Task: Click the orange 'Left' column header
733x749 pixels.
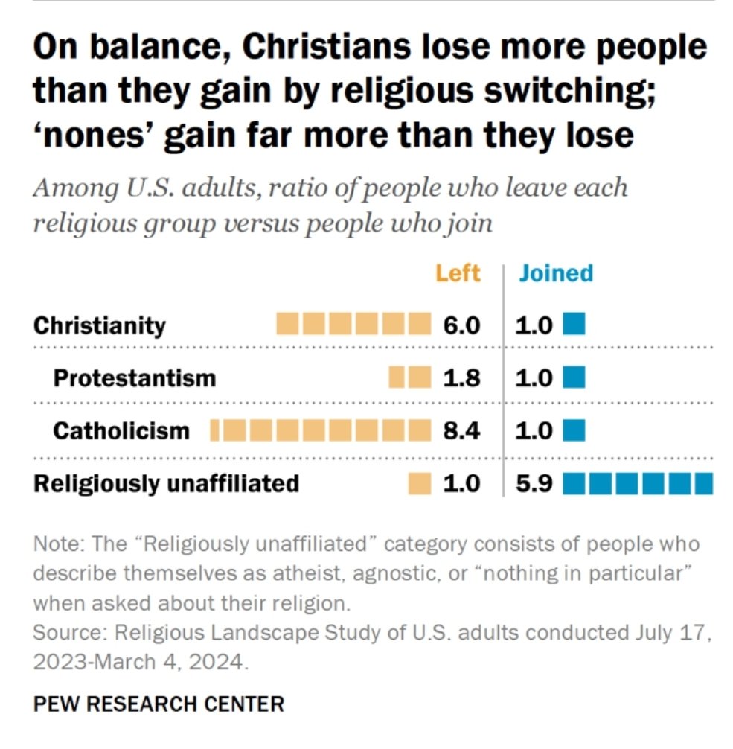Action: coord(457,273)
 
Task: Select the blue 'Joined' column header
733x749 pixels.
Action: coord(556,273)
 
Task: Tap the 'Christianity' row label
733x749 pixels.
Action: coord(100,326)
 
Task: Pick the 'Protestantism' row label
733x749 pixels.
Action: coord(134,378)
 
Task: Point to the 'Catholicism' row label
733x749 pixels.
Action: coord(121,431)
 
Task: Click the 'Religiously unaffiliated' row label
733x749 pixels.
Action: coord(166,484)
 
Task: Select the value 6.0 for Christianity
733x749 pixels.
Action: coord(461,326)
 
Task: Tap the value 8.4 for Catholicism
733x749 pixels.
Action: coord(461,431)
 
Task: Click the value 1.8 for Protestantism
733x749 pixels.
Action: coord(461,378)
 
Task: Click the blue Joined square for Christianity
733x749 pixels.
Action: coord(574,325)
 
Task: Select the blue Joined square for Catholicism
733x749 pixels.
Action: coord(574,430)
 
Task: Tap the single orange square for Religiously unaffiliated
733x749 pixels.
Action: coord(420,484)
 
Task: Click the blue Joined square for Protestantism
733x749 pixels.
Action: coord(574,377)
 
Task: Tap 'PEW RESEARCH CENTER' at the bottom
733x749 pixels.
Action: coord(159,704)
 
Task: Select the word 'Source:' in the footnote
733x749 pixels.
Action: coord(60,634)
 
